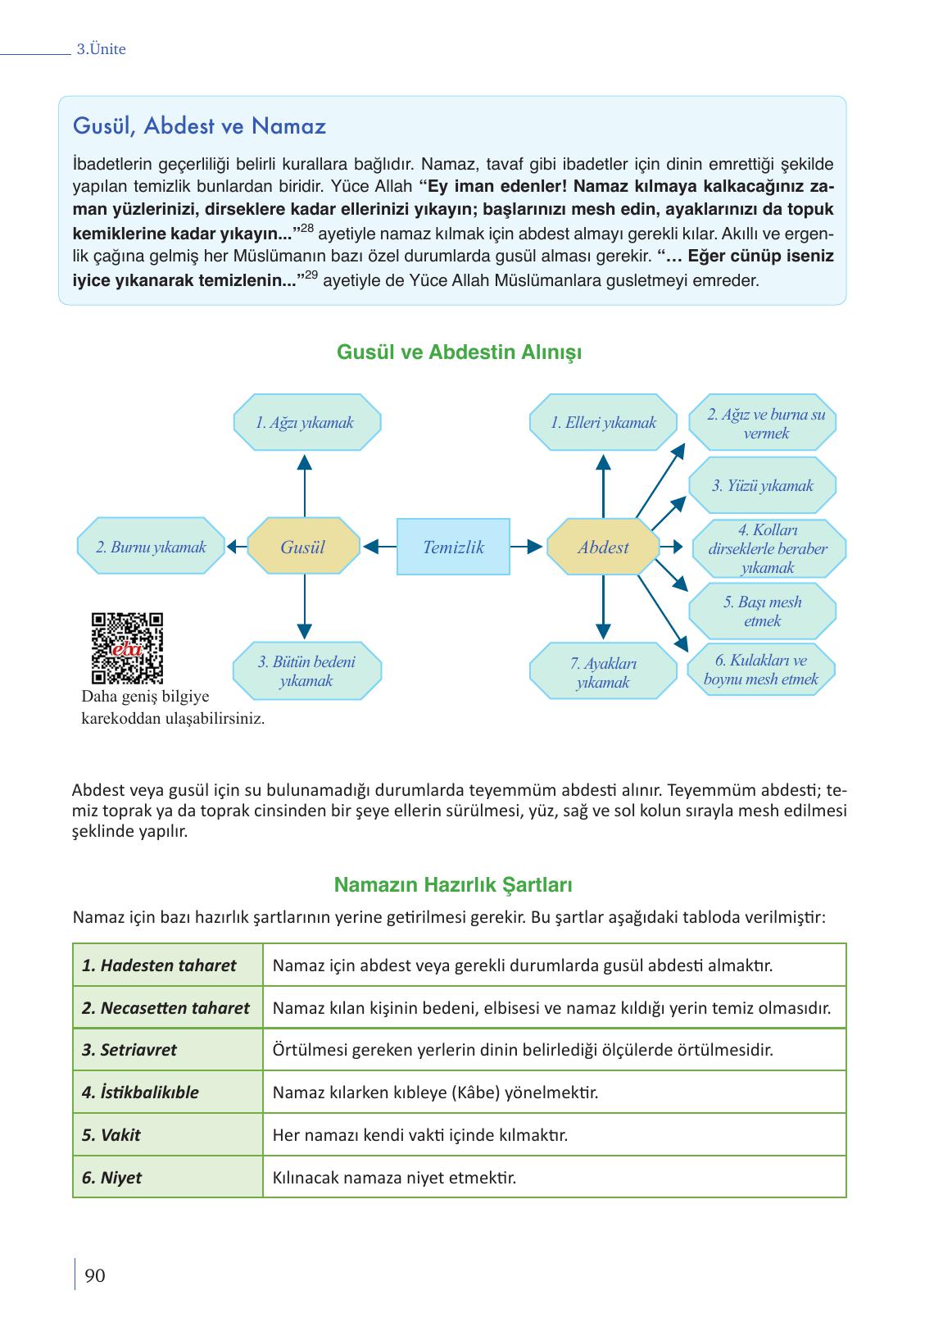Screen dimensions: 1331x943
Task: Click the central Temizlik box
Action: (453, 547)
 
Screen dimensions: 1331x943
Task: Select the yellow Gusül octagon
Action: (303, 547)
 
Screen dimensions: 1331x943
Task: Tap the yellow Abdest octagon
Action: (603, 547)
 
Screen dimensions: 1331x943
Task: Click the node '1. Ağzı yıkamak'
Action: (305, 422)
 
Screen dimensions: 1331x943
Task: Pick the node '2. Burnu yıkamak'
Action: (151, 547)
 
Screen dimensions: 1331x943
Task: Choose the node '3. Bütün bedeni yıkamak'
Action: (306, 671)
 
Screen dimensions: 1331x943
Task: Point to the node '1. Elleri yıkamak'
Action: (604, 422)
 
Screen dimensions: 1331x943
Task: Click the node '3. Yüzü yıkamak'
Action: (763, 485)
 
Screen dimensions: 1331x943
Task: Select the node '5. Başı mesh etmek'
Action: (763, 611)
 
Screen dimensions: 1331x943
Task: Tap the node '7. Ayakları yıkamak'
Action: (603, 673)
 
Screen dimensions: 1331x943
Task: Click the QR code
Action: (127, 647)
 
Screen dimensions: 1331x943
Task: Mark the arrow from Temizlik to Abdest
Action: (526, 547)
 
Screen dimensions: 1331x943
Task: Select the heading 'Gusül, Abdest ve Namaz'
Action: (199, 126)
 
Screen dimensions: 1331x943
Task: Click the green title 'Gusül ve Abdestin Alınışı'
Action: (460, 352)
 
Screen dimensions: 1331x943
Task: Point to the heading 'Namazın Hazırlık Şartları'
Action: (453, 885)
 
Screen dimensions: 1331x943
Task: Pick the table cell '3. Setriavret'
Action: (129, 1050)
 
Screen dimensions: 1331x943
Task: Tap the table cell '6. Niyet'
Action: (111, 1178)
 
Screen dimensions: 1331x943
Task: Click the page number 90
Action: (95, 1276)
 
